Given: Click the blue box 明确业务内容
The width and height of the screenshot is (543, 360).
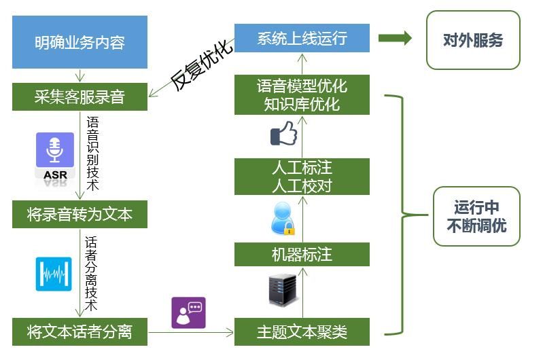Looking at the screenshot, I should tap(80, 42).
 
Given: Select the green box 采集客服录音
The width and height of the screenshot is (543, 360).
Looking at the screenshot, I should tap(80, 96).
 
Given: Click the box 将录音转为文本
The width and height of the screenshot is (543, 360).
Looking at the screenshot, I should tap(80, 215).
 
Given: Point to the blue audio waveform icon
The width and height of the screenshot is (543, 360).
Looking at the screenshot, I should tap(54, 273).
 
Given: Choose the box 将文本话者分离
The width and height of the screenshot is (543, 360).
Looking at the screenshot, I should tap(80, 332).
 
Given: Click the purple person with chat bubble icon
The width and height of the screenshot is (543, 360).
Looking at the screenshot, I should tap(188, 312).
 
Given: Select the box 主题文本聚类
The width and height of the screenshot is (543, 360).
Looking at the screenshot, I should tap(302, 332).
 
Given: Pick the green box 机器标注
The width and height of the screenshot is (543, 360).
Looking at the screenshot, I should tap(302, 255).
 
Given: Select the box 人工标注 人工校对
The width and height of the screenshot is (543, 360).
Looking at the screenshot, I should tap(302, 177).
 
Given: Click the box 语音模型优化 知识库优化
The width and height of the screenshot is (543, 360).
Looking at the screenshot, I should tap(302, 95).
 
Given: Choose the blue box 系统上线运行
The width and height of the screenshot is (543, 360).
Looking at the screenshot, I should tap(302, 38).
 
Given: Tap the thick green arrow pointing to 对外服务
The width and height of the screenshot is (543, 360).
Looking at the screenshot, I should tap(395, 38).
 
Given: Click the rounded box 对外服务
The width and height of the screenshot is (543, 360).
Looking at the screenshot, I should tap(473, 40).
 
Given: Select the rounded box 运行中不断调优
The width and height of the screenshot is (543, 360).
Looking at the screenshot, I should tap(476, 216).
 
